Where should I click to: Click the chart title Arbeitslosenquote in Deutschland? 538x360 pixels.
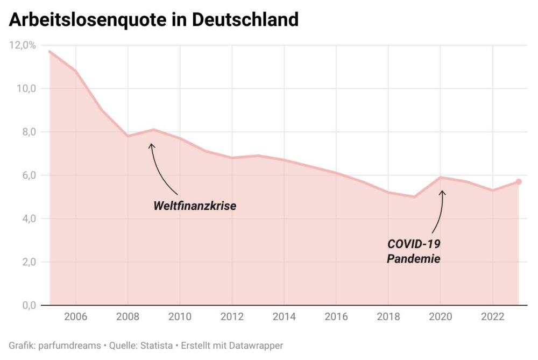click(153, 19)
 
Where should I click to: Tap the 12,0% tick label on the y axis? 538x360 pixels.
click(23, 45)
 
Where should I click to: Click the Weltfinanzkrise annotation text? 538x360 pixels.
click(195, 206)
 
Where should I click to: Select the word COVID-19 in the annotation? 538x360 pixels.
click(414, 244)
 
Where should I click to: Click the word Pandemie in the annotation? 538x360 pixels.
click(414, 259)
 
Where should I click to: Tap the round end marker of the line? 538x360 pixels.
click(519, 182)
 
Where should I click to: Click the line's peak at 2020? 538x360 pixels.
click(441, 177)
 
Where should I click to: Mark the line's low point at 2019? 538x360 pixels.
click(414, 196)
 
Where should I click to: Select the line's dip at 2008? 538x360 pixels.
click(128, 136)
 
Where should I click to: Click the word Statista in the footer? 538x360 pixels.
click(152, 345)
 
